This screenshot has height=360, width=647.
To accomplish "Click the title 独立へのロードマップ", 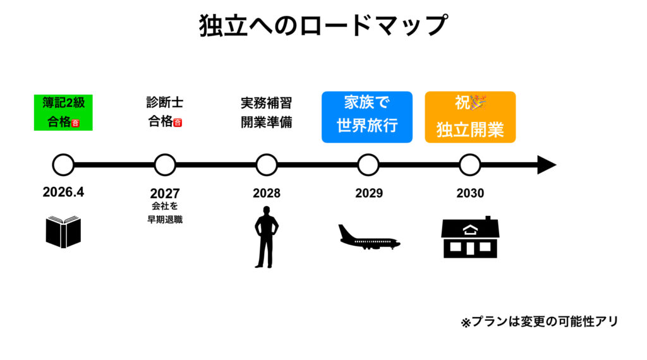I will pyautogui.click(x=323, y=26).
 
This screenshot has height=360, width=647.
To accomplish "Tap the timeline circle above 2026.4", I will pyautogui.click(x=63, y=165).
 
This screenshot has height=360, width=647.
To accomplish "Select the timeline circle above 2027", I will pyautogui.click(x=165, y=165).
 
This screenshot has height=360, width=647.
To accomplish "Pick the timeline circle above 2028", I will pyautogui.click(x=267, y=165).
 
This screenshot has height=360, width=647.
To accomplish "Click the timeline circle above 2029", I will pyautogui.click(x=368, y=165).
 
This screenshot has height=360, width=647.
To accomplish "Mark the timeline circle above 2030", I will pyautogui.click(x=469, y=165).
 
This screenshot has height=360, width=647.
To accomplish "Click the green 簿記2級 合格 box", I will pyautogui.click(x=63, y=112).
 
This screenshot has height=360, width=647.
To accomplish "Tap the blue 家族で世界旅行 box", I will pyautogui.click(x=367, y=117).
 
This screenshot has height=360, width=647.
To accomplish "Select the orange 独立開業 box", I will pyautogui.click(x=470, y=117).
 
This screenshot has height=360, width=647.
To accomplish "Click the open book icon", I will pyautogui.click(x=63, y=231).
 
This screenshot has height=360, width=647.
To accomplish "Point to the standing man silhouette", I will pyautogui.click(x=266, y=240).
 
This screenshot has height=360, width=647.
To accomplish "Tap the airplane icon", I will pyautogui.click(x=369, y=237).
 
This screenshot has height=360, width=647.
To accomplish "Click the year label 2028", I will pyautogui.click(x=266, y=193).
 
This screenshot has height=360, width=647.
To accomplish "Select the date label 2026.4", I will pyautogui.click(x=63, y=192).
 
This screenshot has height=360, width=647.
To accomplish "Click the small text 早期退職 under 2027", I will pyautogui.click(x=165, y=219).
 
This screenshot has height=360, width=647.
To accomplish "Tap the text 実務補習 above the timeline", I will pyautogui.click(x=266, y=103).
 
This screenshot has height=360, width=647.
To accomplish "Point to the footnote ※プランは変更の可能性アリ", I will pyautogui.click(x=539, y=321).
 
